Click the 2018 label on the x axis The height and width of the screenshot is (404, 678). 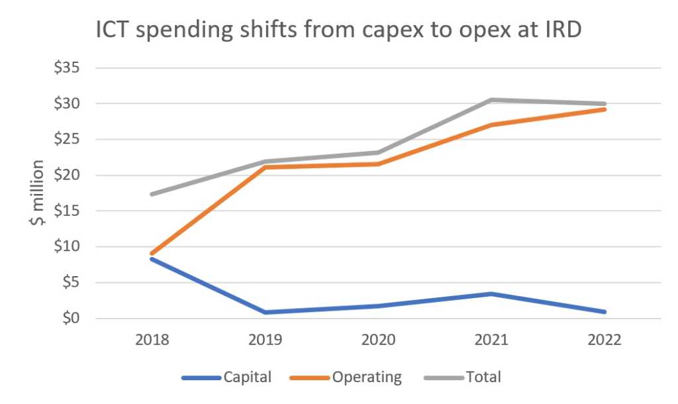[152, 340]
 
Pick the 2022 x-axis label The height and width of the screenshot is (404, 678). [604, 340]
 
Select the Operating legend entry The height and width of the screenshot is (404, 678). [367, 378]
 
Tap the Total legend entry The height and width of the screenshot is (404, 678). [483, 378]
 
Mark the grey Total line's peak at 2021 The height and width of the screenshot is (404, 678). [491, 100]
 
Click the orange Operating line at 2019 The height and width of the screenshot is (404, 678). [266, 167]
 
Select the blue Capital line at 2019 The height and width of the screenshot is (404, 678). [266, 312]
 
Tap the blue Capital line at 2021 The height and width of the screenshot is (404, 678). [491, 294]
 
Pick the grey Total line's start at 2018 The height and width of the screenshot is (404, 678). [152, 194]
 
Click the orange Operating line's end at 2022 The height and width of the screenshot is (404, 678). [604, 109]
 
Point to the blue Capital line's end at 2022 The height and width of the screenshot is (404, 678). [604, 312]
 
